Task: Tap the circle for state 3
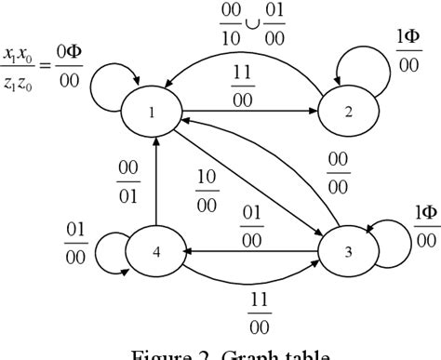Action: tap(349, 251)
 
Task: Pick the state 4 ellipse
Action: tap(155, 251)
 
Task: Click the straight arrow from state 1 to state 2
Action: tap(251, 112)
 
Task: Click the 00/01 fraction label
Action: tap(129, 182)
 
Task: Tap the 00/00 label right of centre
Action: tap(338, 173)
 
